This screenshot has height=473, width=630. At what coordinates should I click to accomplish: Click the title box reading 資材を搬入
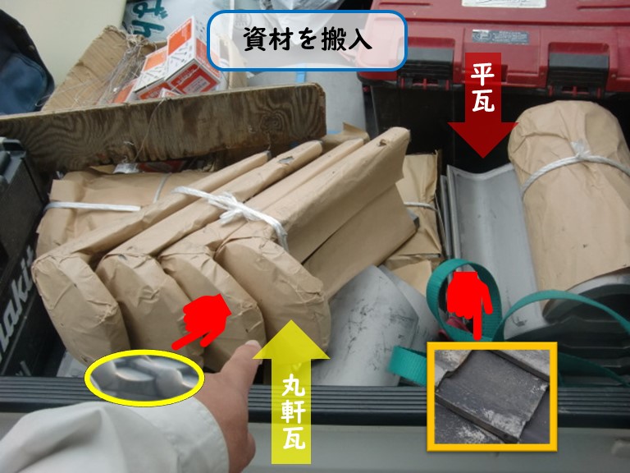tap(308, 39)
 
